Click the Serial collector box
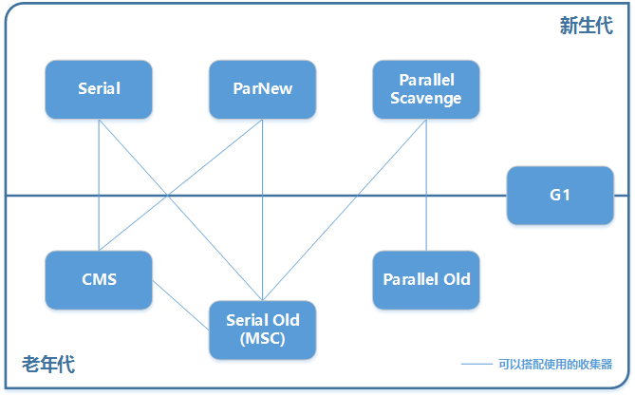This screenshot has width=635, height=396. pos(99,89)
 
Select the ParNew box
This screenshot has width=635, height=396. pos(262,89)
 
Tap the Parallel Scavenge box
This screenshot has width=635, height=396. pos(426,89)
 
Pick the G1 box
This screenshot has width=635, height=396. pos(560,196)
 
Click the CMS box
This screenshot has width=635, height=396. pos(99,280)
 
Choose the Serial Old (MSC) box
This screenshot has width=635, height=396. pos(262,330)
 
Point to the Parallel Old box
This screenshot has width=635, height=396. pos(426,280)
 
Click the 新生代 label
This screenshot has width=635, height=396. pos(587,26)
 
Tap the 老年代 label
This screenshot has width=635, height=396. pos(48,364)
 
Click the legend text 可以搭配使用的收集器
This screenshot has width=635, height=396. pos(555,364)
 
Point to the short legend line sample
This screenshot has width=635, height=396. pos(476,364)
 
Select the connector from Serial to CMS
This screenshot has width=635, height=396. pos(99,185)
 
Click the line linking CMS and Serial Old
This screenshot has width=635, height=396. pos(180,305)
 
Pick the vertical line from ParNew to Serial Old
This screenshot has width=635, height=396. pos(262,210)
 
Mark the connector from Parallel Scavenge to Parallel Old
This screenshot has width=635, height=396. pos(426,185)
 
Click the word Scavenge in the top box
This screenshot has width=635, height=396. pos(425,99)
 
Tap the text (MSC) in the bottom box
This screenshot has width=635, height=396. pos(262,338)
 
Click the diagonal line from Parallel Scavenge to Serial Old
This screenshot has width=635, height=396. pos(345,210)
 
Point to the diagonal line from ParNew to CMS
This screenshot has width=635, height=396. pos(180,185)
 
